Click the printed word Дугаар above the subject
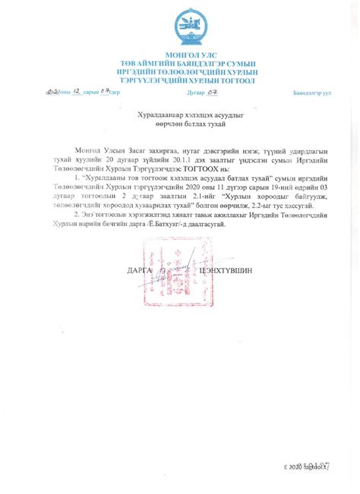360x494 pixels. [197, 93]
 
